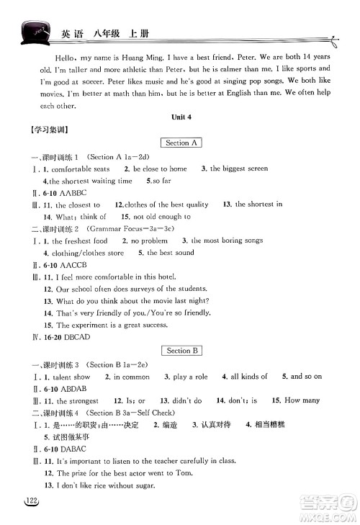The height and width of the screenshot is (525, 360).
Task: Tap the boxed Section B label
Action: tap(180, 351)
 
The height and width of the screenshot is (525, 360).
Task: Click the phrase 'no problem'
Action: tap(149, 241)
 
